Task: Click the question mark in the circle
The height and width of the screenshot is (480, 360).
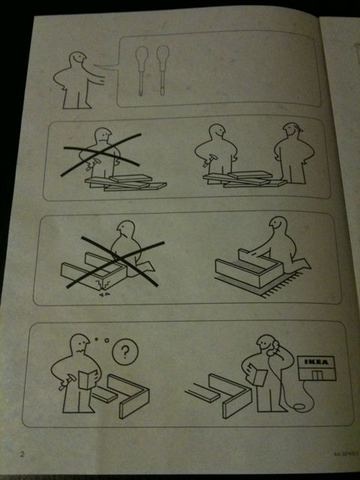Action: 122,352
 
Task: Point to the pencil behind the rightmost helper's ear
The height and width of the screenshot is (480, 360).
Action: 294,128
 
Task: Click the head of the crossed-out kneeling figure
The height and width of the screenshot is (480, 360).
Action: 126,233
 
